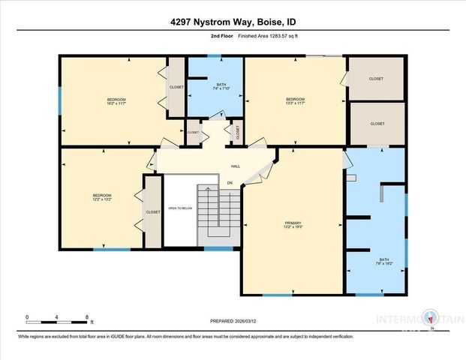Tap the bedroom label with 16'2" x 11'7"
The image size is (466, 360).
click(x=116, y=102)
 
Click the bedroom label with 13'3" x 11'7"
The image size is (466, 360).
click(x=295, y=101)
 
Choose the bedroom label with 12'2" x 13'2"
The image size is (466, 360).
click(x=102, y=198)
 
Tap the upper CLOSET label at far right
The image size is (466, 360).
click(x=377, y=78)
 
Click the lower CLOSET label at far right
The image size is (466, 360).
click(x=377, y=124)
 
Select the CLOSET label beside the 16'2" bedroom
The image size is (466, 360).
click(x=176, y=87)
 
